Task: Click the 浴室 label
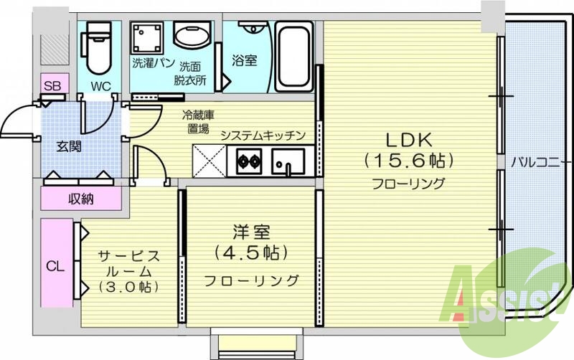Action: (245, 61)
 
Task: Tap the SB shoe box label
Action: (52, 87)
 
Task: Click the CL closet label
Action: (55, 266)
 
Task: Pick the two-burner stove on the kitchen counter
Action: (248, 161)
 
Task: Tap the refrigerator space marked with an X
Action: (210, 161)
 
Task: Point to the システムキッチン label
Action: (263, 135)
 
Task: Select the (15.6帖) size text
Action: (409, 158)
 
